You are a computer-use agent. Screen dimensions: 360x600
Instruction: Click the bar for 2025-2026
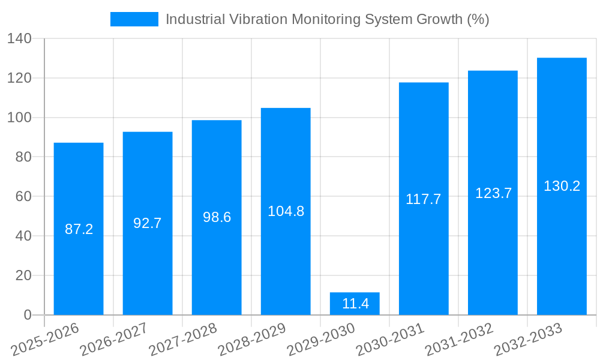tap(79, 180)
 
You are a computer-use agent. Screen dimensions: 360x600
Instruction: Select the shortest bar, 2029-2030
tap(355, 297)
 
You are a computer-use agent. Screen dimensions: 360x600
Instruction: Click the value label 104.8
tap(286, 211)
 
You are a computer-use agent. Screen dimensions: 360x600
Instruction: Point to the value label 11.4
tap(355, 304)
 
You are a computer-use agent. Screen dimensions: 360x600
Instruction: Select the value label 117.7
tap(424, 199)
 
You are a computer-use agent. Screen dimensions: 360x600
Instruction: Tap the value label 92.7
tap(148, 223)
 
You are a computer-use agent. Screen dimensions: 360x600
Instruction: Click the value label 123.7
tap(493, 193)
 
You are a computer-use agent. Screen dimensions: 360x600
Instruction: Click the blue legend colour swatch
tap(134, 19)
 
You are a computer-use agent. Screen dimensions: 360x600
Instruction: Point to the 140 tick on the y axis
tap(22, 39)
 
